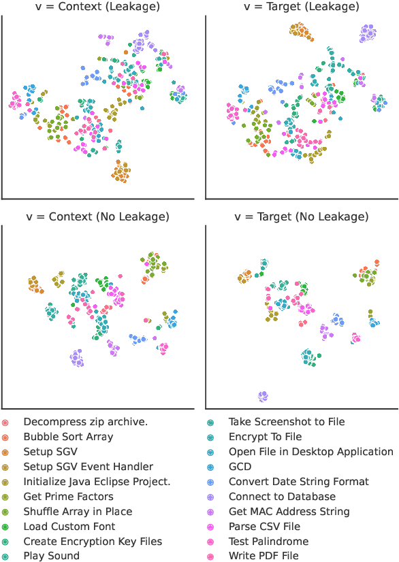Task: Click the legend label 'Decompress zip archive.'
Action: coord(85,422)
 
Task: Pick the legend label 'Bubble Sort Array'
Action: coord(68,437)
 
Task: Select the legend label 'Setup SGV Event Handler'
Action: coord(88,467)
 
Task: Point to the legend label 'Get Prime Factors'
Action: coord(68,497)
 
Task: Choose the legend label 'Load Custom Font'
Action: coord(69,527)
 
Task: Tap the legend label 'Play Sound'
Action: coord(51,556)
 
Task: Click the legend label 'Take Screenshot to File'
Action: coord(286,422)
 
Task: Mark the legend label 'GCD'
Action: coord(240,467)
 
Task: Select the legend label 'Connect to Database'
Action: coord(282,497)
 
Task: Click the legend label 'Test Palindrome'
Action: coord(268,542)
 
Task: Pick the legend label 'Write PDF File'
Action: coord(264,556)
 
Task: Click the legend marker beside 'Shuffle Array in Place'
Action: coord(6,512)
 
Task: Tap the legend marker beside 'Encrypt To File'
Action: coord(211,437)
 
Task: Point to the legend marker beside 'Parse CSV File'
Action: coord(211,527)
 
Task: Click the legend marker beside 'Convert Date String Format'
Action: coord(211,482)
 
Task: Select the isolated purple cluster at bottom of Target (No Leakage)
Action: coord(263,396)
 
